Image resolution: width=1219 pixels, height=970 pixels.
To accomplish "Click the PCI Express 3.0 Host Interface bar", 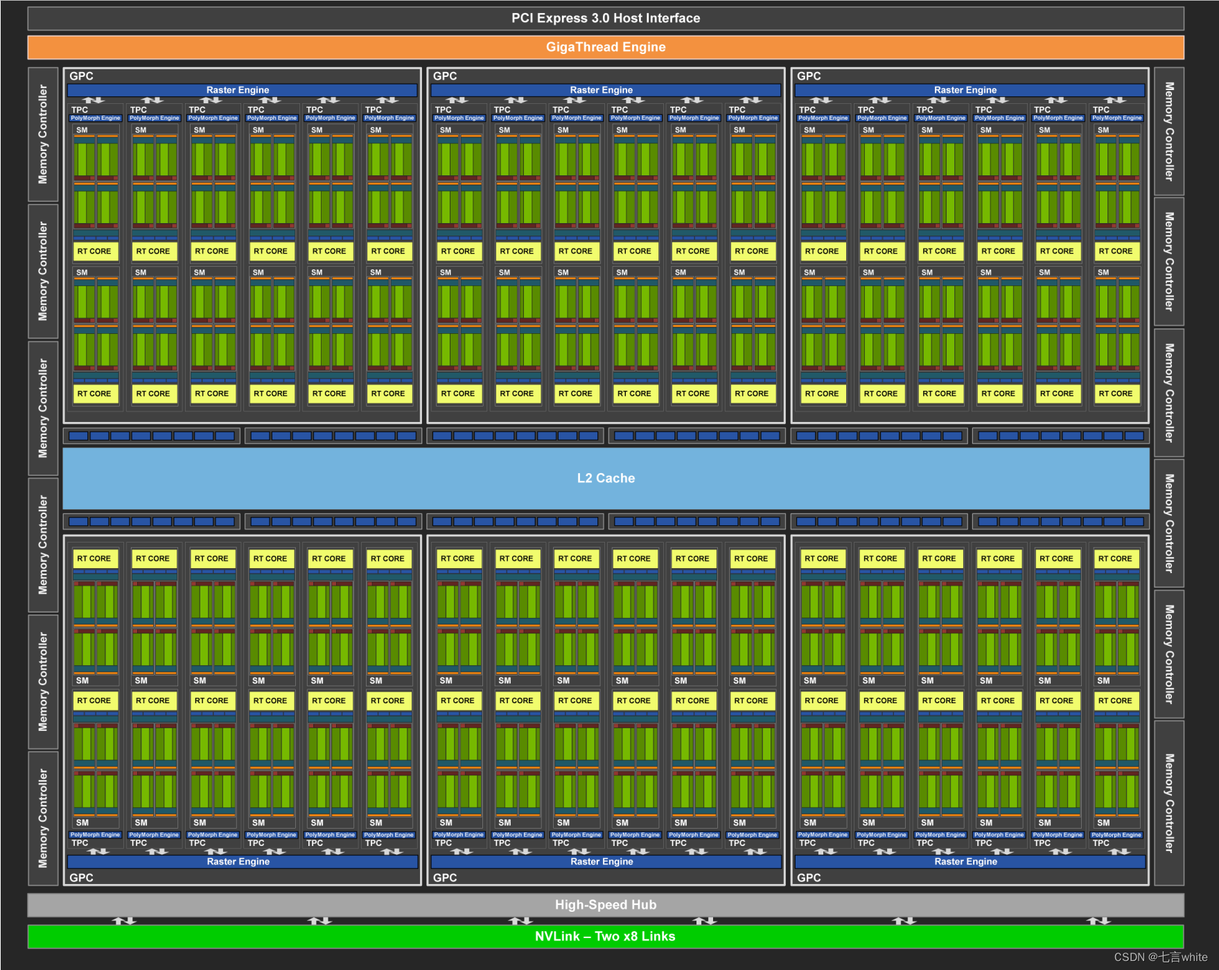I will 606,19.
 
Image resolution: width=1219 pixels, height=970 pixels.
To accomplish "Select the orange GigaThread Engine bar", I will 606,47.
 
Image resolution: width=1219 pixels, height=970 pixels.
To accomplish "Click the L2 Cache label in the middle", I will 606,478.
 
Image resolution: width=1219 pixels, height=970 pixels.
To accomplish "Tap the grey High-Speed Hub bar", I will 606,905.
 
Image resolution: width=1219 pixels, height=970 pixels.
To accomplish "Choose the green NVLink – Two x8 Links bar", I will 606,937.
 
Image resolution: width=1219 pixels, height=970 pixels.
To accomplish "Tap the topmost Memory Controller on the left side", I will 43,134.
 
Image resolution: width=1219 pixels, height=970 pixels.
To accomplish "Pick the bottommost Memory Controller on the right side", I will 1169,803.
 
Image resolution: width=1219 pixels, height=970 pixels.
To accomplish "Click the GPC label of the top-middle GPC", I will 445,76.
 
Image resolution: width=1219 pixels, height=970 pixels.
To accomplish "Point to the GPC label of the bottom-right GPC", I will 809,878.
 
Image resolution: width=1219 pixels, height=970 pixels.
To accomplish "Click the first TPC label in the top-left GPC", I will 80,109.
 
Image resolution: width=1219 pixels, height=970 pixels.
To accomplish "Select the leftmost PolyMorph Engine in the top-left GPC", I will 96,118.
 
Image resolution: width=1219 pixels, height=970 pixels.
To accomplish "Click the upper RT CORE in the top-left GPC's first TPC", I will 94,252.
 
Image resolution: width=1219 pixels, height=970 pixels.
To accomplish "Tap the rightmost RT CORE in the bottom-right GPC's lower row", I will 1115,701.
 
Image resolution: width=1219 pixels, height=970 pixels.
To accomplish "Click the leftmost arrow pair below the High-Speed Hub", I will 125,921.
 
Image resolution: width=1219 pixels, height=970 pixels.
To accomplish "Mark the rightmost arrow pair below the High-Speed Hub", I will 1098,921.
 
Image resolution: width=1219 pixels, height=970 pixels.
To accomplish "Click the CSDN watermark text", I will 1160,957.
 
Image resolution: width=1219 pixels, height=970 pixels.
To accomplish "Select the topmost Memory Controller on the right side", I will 1169,132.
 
